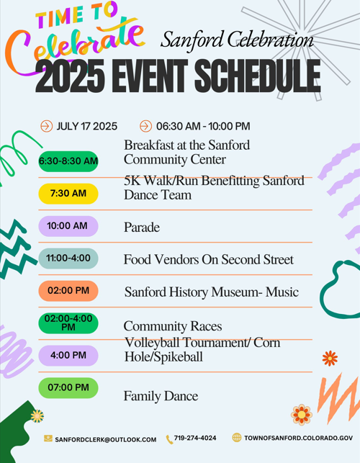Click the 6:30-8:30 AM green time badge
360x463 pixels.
coord(68,161)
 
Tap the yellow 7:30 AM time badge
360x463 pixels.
coord(68,194)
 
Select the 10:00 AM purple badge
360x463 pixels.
coord(68,226)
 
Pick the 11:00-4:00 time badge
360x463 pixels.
coord(68,258)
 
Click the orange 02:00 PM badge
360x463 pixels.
coord(68,291)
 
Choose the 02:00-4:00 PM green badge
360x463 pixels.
coord(68,323)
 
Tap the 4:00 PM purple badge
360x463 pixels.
coord(68,355)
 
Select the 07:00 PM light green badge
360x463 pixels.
coord(68,387)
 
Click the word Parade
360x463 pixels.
coord(142,228)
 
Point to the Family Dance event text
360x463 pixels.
coord(161,396)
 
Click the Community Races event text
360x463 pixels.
coord(173,326)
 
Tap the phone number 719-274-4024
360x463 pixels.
coord(195,438)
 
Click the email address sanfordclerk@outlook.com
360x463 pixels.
coord(105,440)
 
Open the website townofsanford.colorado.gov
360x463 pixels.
coord(298,438)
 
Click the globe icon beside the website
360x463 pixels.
coord(237,438)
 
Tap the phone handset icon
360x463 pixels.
coord(169,439)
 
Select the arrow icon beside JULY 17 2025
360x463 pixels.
coord(46,126)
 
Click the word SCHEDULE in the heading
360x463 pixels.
coord(258,76)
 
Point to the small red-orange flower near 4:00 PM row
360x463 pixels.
coord(330,358)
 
